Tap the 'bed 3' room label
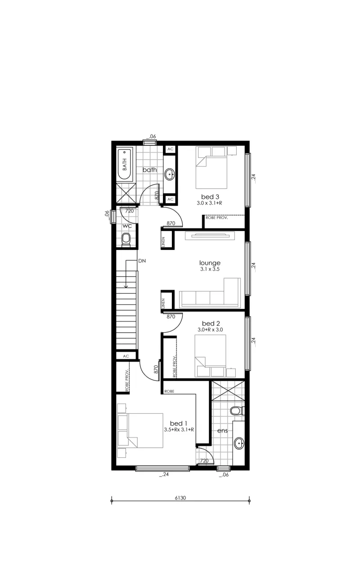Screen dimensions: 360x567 click(x=210, y=196)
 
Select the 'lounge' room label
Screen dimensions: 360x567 click(x=210, y=263)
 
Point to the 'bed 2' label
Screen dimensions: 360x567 click(x=211, y=323)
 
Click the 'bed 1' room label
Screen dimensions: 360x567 click(x=179, y=423)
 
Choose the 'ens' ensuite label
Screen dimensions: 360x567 click(x=222, y=431)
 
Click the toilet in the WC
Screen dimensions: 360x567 click(x=126, y=240)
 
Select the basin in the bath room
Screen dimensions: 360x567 click(x=169, y=174)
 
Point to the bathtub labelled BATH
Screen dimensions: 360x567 click(x=125, y=164)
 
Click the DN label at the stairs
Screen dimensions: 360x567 click(x=142, y=261)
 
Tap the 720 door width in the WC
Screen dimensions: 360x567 click(x=130, y=211)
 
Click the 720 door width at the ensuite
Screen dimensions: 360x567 click(x=204, y=461)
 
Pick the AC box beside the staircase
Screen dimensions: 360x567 click(x=126, y=356)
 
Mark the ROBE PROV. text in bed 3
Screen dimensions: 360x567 click(x=216, y=218)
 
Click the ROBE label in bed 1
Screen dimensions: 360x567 click(x=169, y=391)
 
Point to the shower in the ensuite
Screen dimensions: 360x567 click(x=228, y=391)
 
